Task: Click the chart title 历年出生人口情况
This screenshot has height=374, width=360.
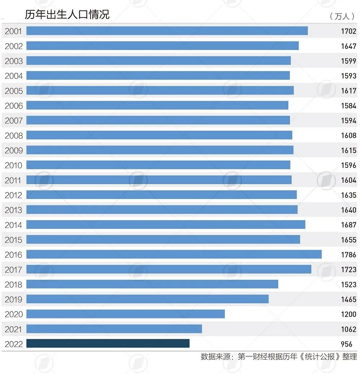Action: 67,14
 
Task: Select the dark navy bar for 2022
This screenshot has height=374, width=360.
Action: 108,344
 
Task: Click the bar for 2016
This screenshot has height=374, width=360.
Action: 174,255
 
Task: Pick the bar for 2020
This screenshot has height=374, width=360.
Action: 126,314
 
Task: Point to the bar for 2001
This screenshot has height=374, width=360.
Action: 167,31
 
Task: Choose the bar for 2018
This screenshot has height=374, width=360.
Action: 152,284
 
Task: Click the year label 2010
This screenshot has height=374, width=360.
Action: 13,165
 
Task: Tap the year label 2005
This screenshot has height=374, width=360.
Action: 13,91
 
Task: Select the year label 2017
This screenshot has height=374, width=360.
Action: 13,270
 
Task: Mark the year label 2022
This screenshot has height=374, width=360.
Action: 13,344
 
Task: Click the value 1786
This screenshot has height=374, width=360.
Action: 348,255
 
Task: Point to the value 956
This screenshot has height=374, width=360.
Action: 346,344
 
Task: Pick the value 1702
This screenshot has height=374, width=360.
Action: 348,31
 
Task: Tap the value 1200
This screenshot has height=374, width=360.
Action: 348,314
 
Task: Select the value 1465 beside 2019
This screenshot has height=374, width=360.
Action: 348,299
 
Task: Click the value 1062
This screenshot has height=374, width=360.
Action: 348,329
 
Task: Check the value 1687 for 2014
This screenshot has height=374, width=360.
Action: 348,225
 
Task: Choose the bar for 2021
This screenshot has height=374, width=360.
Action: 114,329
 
